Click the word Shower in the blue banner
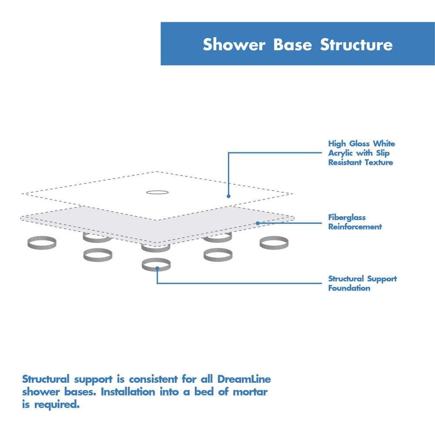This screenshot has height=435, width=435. (234, 45)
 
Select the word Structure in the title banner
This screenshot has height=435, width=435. (357, 45)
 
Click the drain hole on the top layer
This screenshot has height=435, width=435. (155, 192)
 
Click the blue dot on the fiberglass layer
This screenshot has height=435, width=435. (258, 223)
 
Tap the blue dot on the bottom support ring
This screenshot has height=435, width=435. (157, 268)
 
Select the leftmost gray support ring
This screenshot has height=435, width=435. (41, 243)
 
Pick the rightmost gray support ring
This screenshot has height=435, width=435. (274, 243)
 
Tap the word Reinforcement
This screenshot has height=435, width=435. (355, 227)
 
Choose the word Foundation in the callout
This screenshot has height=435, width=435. (349, 288)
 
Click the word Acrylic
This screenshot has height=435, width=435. (341, 153)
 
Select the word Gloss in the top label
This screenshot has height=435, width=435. (357, 144)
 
